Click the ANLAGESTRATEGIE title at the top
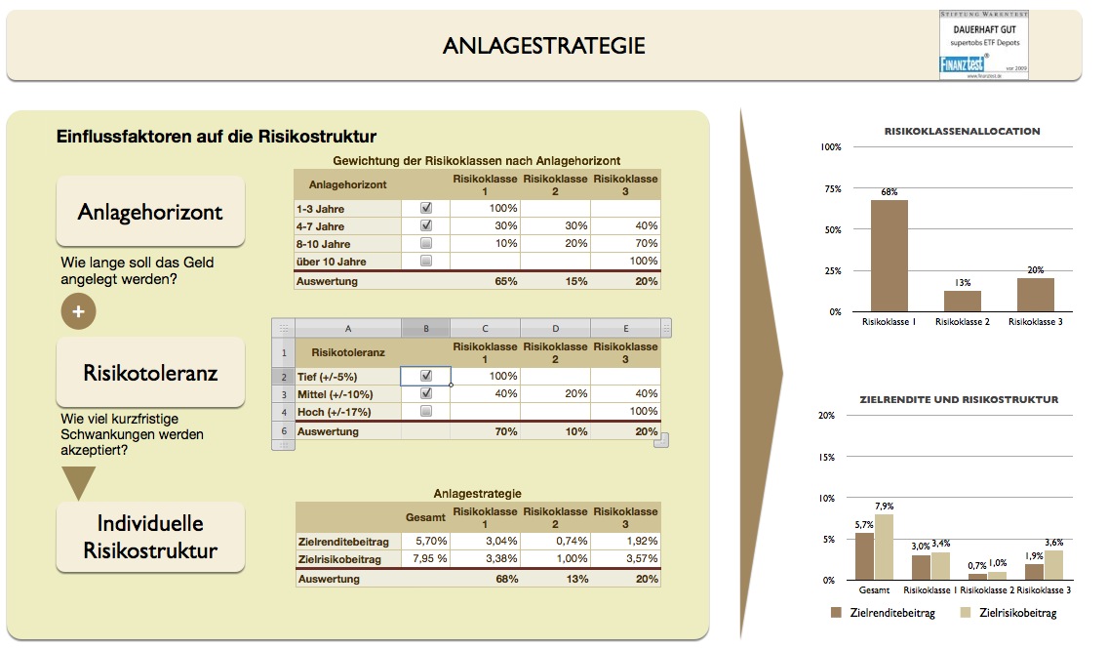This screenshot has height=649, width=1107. point(543,46)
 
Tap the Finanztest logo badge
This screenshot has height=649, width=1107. point(982,45)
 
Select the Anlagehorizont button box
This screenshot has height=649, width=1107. point(150,212)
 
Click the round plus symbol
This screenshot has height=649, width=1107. point(78,310)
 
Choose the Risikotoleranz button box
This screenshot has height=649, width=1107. point(150,373)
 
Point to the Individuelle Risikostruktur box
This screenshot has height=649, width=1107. point(150,536)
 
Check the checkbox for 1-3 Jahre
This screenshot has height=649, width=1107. point(425,208)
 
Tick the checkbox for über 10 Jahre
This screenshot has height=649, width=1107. point(425,261)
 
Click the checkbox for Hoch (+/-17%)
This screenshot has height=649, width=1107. point(425,411)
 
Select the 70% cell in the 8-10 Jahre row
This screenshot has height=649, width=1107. point(625,243)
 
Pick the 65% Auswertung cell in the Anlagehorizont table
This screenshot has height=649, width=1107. point(485,281)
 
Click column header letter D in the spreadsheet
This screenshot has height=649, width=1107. point(555,329)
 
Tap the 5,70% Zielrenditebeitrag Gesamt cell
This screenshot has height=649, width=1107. point(426,541)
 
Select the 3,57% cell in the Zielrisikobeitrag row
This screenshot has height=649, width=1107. point(625,559)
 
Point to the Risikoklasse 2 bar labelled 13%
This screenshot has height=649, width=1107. point(962,301)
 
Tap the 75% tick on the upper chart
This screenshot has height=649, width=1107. point(831,188)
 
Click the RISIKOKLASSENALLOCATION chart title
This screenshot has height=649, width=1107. point(962,131)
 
